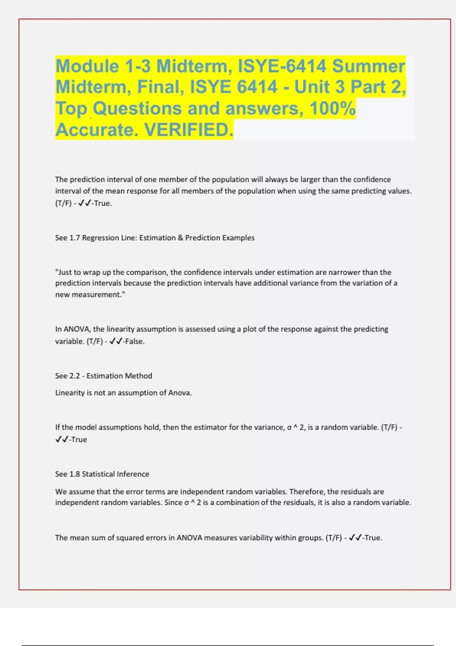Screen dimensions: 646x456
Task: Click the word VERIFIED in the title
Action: [188, 130]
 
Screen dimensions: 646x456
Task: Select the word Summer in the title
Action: [369, 66]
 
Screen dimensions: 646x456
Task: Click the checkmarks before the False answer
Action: [116, 341]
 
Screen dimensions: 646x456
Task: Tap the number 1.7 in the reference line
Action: [75, 238]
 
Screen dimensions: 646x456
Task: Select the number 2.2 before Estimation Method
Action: [75, 376]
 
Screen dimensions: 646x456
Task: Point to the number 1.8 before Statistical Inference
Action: [75, 474]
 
